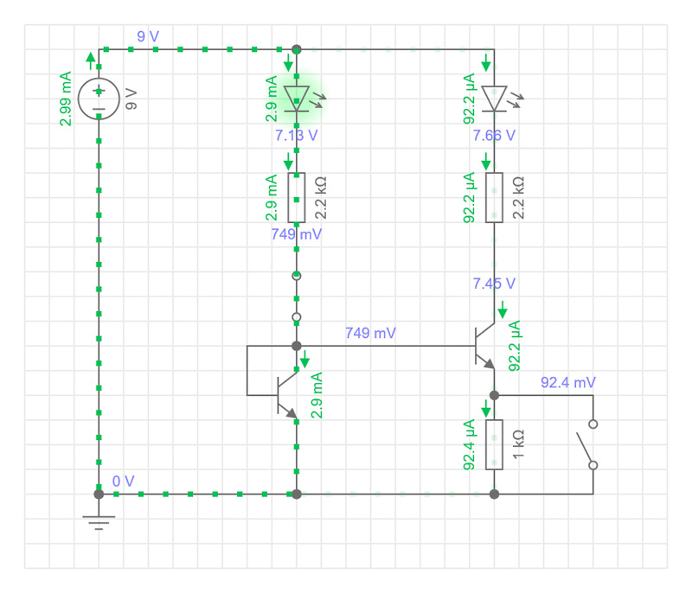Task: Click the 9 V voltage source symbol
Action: (99, 99)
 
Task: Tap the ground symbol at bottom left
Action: (99, 522)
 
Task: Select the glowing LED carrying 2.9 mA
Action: (297, 99)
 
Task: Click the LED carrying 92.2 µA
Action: (494, 99)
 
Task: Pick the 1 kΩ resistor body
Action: (494, 444)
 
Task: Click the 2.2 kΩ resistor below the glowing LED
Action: (297, 197)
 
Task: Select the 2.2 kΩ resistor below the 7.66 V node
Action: (494, 197)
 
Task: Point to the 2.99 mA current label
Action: (66, 99)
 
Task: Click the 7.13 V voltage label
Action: (296, 136)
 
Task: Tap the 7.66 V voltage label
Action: (494, 136)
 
